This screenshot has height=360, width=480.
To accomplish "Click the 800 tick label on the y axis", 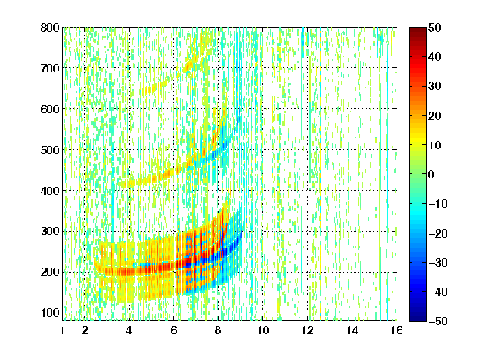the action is pyautogui.click(x=50, y=27).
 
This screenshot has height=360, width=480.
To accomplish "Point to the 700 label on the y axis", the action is pyautogui.click(x=50, y=68).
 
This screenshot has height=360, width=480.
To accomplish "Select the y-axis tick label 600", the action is pyautogui.click(x=50, y=109).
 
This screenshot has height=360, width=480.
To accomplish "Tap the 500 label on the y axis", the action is pyautogui.click(x=50, y=150).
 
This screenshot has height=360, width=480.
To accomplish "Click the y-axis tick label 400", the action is pyautogui.click(x=50, y=191).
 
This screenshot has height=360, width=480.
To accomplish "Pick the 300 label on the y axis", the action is pyautogui.click(x=50, y=232).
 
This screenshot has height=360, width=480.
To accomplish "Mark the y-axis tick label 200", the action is pyautogui.click(x=50, y=272).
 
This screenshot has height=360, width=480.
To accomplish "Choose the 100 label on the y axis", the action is pyautogui.click(x=50, y=312).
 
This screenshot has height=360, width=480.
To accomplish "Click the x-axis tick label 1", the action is pyautogui.click(x=62, y=330).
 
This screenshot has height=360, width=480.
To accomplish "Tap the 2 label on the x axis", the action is pyautogui.click(x=85, y=330).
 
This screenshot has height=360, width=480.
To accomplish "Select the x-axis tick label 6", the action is pyautogui.click(x=174, y=330).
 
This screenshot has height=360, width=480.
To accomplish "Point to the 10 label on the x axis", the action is pyautogui.click(x=263, y=330).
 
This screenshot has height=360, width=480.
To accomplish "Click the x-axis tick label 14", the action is pyautogui.click(x=352, y=330).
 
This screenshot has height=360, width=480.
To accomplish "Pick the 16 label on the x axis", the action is pyautogui.click(x=397, y=330).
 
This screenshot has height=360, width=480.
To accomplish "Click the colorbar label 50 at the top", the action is pyautogui.click(x=435, y=27).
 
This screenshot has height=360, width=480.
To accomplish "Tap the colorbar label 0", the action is pyautogui.click(x=432, y=174).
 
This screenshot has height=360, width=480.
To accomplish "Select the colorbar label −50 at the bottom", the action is pyautogui.click(x=438, y=321).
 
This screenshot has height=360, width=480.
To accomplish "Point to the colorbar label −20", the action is pyautogui.click(x=438, y=233).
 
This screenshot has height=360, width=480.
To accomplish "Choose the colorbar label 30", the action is pyautogui.click(x=435, y=87).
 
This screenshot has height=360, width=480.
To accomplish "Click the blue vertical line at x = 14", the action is pyautogui.click(x=352, y=108).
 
